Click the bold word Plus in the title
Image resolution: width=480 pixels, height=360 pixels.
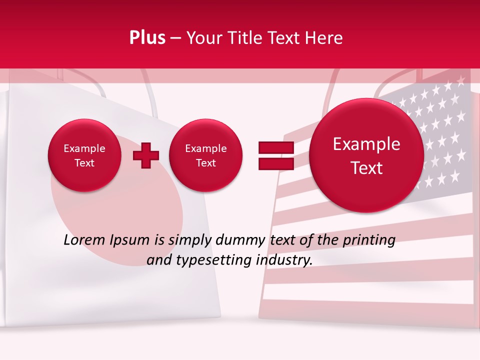coord(147,38)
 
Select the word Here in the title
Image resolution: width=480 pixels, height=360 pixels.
coord(325,38)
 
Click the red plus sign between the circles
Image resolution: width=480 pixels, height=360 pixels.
coord(146,155)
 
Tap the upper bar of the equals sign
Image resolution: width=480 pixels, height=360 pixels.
coord(276,147)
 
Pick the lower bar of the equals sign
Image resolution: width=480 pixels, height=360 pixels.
coord(276,163)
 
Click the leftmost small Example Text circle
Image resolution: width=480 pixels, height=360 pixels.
coord(84,155)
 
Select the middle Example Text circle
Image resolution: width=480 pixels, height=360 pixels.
coord(205,155)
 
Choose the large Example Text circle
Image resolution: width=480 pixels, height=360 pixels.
coord(366,155)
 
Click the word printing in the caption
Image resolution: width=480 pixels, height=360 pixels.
coord(368,240)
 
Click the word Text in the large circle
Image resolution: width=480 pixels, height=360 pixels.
coord(366,168)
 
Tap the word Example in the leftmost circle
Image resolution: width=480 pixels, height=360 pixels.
coord(84,148)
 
